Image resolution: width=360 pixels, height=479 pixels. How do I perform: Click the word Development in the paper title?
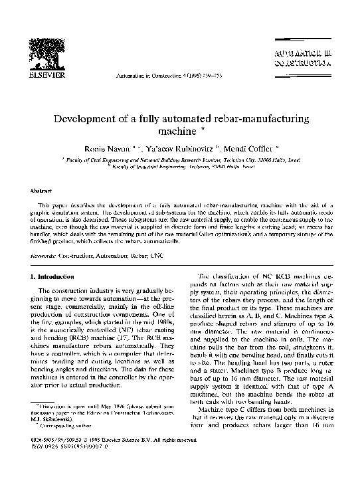(x=90, y=118)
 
